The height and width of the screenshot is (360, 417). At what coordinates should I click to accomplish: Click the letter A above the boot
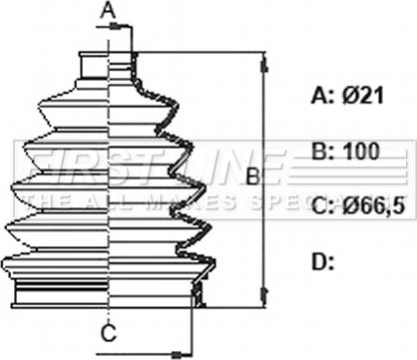coord(108,11)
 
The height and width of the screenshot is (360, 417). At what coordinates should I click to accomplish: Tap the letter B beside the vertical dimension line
coord(253,177)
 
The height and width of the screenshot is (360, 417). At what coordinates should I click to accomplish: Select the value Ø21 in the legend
coord(363,96)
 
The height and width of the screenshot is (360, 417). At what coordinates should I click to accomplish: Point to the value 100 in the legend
coord(361,152)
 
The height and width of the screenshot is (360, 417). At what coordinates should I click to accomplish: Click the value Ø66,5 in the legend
coord(373,206)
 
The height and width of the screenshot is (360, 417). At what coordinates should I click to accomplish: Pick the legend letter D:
coord(322,261)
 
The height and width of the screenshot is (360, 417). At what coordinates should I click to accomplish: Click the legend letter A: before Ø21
coord(322,96)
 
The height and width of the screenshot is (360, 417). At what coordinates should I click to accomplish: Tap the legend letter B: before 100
coord(322,152)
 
